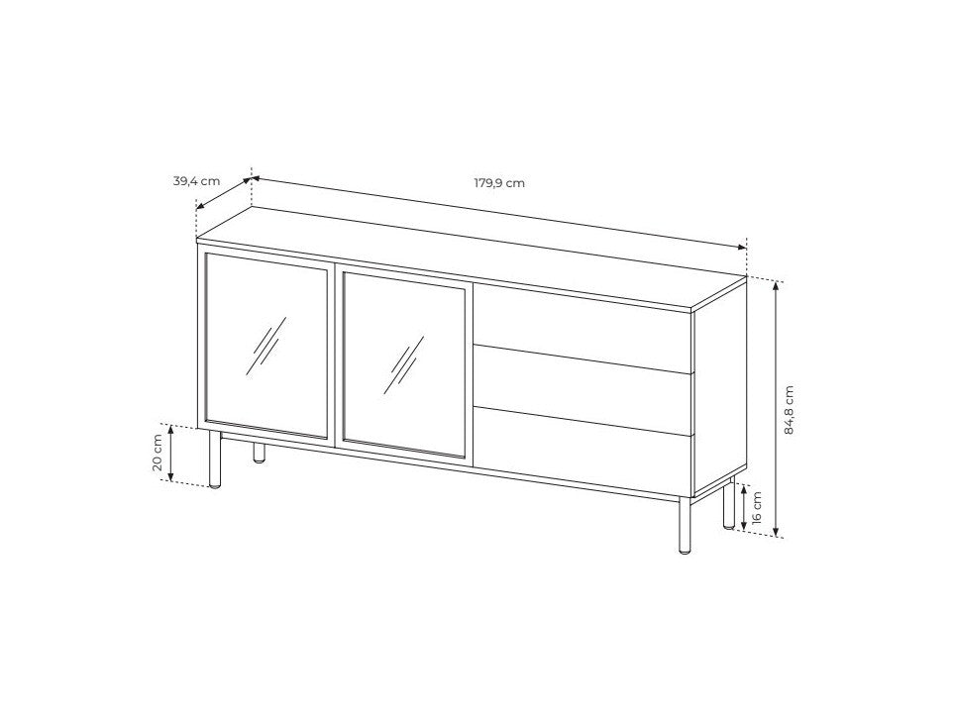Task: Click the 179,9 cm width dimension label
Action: coord(499,182)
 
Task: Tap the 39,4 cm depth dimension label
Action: coord(197,181)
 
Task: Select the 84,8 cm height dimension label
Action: coord(790,410)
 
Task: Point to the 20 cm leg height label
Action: coord(158,453)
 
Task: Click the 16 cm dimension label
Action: coord(757,507)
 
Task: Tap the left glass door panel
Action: coord(266,346)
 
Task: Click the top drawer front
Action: coord(583,329)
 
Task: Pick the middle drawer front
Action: coord(583,390)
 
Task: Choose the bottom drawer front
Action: coord(583,452)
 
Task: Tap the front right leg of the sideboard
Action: coord(685,526)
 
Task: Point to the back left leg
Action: coord(260,453)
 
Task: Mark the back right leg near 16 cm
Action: coord(728,504)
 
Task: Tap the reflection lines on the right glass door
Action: coord(404,364)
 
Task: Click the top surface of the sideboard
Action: coord(472,259)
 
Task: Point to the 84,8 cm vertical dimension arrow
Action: coord(776,409)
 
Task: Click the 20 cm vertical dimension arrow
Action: coord(171,453)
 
